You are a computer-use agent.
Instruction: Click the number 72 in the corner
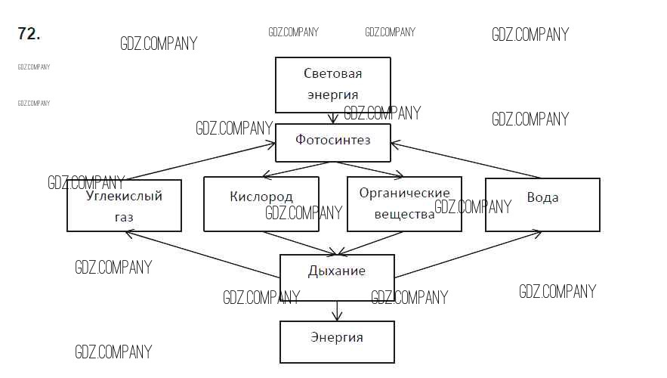28,34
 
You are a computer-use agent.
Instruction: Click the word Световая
332,73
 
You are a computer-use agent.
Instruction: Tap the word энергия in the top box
332,95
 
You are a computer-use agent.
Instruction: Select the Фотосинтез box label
332,140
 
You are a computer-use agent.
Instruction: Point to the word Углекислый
125,197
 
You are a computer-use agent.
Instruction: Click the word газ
124,217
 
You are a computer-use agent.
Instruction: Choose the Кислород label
261,197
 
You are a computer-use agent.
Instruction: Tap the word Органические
404,193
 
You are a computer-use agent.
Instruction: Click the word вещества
404,214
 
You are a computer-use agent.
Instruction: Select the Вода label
542,197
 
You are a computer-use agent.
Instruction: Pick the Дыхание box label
337,271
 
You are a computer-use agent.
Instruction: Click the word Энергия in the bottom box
337,337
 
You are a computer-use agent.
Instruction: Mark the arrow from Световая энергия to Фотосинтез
332,119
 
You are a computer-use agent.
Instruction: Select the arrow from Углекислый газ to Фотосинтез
200,161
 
